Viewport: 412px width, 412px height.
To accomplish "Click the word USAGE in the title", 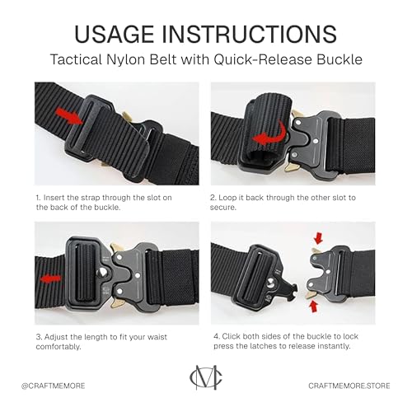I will [124, 33].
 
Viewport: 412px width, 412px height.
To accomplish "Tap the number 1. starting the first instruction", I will [39, 199].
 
